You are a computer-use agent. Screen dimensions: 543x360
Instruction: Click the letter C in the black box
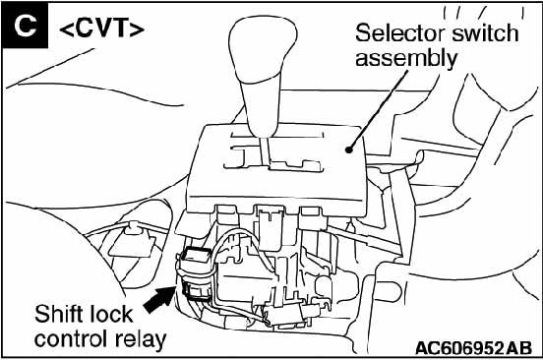25,26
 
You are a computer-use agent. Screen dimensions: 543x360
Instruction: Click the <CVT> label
101,28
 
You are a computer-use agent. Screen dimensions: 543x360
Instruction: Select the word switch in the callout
485,33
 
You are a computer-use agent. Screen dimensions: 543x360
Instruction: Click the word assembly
406,58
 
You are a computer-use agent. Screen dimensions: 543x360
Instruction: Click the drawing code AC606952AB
473,348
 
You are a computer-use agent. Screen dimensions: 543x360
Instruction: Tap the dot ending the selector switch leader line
349,150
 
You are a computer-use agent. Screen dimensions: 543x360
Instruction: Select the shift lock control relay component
196,273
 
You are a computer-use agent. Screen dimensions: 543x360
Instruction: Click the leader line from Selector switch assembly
378,110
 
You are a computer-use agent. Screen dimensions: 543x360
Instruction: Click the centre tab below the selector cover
271,227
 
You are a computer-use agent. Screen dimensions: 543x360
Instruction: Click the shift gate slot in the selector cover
273,151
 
